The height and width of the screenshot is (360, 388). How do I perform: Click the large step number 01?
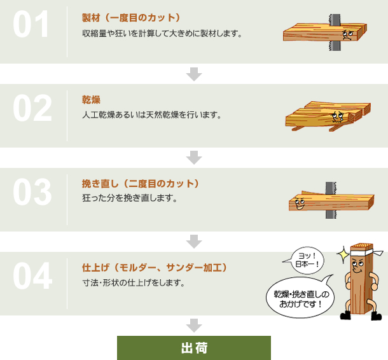(x=31, y=24)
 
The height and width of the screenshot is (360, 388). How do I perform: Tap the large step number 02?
(x=32, y=108)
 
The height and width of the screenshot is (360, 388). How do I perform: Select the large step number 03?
(x=32, y=192)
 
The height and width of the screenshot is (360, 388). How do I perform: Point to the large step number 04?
(x=32, y=276)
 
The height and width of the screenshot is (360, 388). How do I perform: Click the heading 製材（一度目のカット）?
(x=131, y=18)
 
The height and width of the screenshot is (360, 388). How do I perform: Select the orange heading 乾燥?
(x=91, y=100)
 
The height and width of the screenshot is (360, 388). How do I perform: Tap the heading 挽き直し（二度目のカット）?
(x=141, y=184)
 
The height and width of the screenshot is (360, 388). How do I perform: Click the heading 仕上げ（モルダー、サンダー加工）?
(x=155, y=268)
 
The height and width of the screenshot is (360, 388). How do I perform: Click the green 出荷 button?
(x=194, y=348)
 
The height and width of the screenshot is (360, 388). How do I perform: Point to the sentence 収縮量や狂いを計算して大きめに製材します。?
(x=162, y=34)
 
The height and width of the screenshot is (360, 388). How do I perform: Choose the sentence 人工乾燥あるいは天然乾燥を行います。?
(x=152, y=115)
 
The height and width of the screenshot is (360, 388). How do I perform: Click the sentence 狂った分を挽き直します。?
(x=130, y=198)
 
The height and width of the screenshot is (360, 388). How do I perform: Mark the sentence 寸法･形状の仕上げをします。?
(x=134, y=283)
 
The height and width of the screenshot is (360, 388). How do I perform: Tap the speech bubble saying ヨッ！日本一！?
(x=307, y=260)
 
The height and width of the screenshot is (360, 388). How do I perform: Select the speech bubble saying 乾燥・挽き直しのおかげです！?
(x=301, y=298)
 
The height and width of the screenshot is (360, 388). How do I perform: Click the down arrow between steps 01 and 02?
(x=194, y=74)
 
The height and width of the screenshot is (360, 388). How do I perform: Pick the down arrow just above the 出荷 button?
(x=194, y=326)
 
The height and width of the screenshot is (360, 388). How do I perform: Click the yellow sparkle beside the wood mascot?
(x=343, y=254)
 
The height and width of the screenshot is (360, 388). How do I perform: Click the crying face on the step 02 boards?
(x=338, y=116)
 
